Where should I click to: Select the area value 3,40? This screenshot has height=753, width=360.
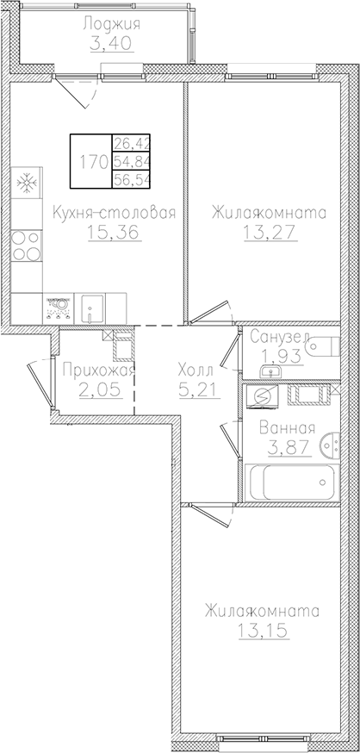[x=111, y=42]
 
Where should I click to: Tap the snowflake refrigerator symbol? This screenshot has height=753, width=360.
[x=25, y=184]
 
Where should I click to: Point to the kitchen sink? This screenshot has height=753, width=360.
[x=90, y=305]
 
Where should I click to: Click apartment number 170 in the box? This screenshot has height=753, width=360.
[x=93, y=160]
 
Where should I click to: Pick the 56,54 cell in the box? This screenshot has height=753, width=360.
[x=127, y=179]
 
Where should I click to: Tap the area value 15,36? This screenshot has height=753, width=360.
[x=114, y=233]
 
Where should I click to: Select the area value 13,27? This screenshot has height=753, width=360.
[x=265, y=233]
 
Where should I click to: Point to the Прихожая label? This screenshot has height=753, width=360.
[x=100, y=371]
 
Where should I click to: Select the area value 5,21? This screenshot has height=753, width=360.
[x=197, y=390]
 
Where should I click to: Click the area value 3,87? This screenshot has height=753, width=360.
[x=280, y=447]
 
